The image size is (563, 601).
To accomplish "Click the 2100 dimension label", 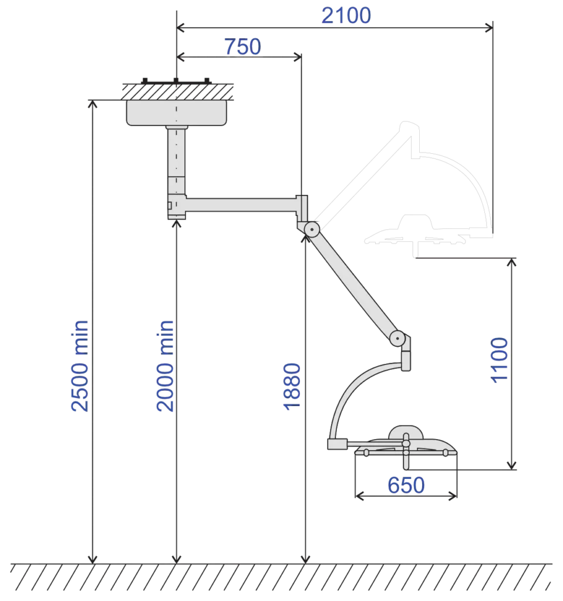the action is point(346,16).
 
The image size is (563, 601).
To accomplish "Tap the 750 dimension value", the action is point(242,47).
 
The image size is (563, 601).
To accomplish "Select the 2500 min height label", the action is point(80,366).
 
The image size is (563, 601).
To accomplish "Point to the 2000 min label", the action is point(166,366).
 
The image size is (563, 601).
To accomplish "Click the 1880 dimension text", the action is point(292,387).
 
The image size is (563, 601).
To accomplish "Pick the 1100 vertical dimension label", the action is point(500,360).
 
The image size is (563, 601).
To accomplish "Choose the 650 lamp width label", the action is point(406,485).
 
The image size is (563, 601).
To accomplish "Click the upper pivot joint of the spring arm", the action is point(312,229).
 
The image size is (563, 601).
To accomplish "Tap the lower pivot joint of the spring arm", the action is point(397,339).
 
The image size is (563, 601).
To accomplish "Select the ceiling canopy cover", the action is point(177,113).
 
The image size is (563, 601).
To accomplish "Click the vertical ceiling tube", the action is point(177,161).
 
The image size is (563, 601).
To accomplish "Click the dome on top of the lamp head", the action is point(406,432).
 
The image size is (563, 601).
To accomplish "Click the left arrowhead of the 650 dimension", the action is point(359,497).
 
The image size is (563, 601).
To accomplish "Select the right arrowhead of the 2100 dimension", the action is point(489,28).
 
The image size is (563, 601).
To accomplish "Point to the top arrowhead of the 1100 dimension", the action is point(511,262).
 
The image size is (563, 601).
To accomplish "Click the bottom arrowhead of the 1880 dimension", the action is point(305,559).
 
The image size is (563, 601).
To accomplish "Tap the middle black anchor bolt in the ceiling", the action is point(176,81).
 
